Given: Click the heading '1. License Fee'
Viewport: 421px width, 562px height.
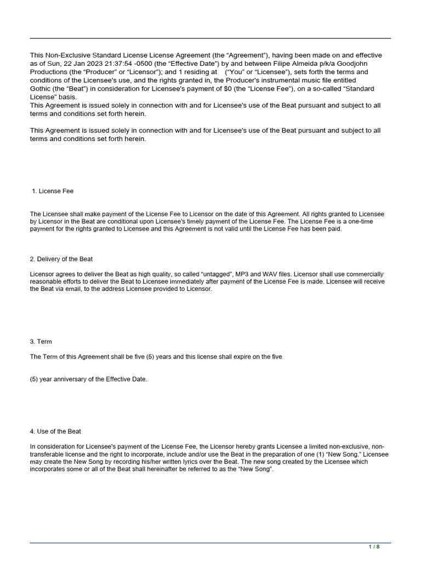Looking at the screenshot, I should pos(53,191).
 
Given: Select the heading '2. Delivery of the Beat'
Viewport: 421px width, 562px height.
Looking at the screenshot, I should pos(65,259).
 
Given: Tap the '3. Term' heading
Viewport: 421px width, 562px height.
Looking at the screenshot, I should pos(41,341).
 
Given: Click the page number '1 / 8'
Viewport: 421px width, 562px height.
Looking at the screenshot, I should pos(374,547).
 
